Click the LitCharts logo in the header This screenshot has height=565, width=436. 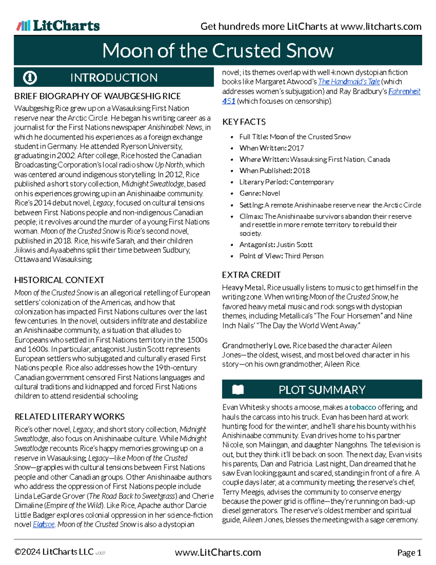pyautogui.click(x=58, y=26)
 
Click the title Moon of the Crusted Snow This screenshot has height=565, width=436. pyautogui.click(x=218, y=51)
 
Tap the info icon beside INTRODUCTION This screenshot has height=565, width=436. pyautogui.click(x=30, y=77)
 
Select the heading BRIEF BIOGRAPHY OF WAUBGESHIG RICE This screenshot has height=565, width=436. pyautogui.click(x=97, y=96)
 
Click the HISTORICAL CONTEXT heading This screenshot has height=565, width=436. pyautogui.click(x=59, y=280)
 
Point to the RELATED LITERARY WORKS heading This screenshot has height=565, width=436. pyautogui.click(x=69, y=417)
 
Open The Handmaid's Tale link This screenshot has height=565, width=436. pyautogui.click(x=349, y=82)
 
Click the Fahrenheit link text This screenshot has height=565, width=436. pyautogui.click(x=404, y=91)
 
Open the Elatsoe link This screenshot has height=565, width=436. pyautogui.click(x=44, y=525)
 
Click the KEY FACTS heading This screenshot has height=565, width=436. pyautogui.click(x=244, y=122)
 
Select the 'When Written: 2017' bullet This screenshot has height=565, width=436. pyautogui.click(x=271, y=148)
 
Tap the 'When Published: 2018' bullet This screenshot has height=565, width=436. pyautogui.click(x=274, y=171)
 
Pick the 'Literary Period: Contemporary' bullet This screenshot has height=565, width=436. pyautogui.click(x=286, y=182)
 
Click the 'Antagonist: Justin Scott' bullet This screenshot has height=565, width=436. pyautogui.click(x=276, y=245)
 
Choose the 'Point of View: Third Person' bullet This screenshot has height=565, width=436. pyautogui.click(x=281, y=256)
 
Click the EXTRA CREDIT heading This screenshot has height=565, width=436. pyautogui.click(x=251, y=275)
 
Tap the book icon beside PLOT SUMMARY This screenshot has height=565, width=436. pyautogui.click(x=238, y=390)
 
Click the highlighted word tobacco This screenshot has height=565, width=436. pyautogui.click(x=362, y=407)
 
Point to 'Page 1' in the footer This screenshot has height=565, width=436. pyautogui.click(x=409, y=553)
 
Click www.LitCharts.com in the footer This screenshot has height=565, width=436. pyautogui.click(x=218, y=553)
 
